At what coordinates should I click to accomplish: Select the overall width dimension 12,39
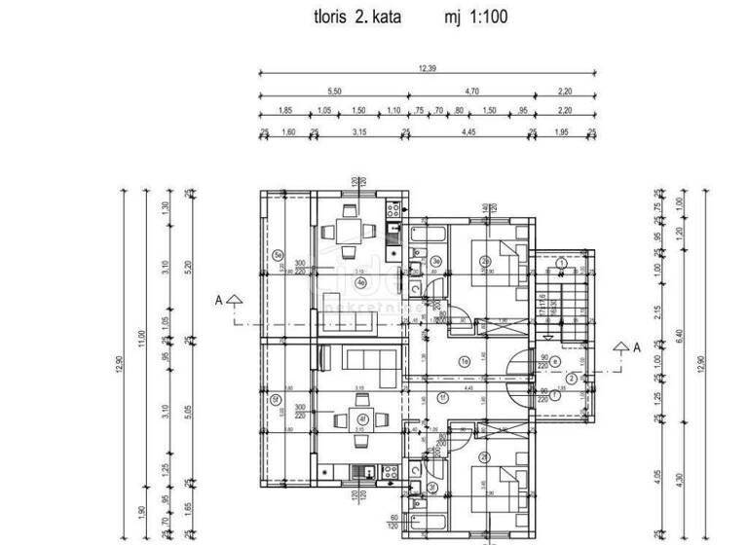click(x=428, y=67)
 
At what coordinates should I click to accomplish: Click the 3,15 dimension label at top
click(x=361, y=131)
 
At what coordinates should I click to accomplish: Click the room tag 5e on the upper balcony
click(x=278, y=257)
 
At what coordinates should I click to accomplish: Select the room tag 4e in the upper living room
click(x=360, y=283)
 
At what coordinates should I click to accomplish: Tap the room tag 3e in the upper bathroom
click(x=437, y=261)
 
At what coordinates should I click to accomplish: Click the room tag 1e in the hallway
click(x=466, y=363)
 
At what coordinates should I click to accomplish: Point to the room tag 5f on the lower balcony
click(x=278, y=396)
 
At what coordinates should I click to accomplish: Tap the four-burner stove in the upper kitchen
click(x=393, y=208)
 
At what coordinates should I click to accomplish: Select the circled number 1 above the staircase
click(x=563, y=263)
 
